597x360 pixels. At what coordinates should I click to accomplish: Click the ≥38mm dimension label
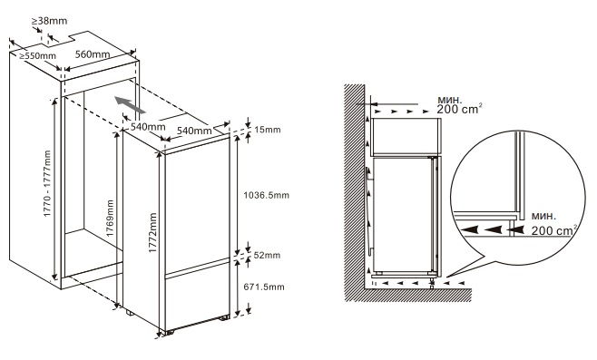[49, 21]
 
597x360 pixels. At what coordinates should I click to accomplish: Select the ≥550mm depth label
[38, 55]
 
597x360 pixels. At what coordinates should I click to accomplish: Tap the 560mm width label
[93, 54]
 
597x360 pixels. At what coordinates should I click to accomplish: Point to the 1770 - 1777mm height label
[47, 184]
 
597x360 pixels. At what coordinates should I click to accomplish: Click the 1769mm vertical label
[110, 219]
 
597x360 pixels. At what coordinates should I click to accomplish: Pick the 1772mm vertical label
[152, 233]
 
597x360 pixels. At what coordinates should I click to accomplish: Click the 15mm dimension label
[268, 130]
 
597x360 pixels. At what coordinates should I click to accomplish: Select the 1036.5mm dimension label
[267, 195]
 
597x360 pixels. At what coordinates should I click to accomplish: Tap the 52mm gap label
[267, 255]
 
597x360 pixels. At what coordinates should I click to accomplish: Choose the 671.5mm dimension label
[264, 287]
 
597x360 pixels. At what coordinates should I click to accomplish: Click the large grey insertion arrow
[131, 105]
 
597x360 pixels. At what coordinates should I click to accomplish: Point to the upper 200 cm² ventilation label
[459, 109]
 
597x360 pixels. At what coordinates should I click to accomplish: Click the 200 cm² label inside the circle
[554, 230]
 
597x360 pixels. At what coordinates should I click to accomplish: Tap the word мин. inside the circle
[543, 216]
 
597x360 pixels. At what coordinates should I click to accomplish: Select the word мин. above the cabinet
[450, 100]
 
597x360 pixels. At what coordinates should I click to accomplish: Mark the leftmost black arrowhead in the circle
[466, 229]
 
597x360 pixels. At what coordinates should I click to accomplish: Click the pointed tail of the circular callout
[446, 277]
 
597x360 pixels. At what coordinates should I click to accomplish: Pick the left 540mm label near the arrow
[148, 127]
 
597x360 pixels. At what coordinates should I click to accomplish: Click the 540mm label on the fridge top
[194, 131]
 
